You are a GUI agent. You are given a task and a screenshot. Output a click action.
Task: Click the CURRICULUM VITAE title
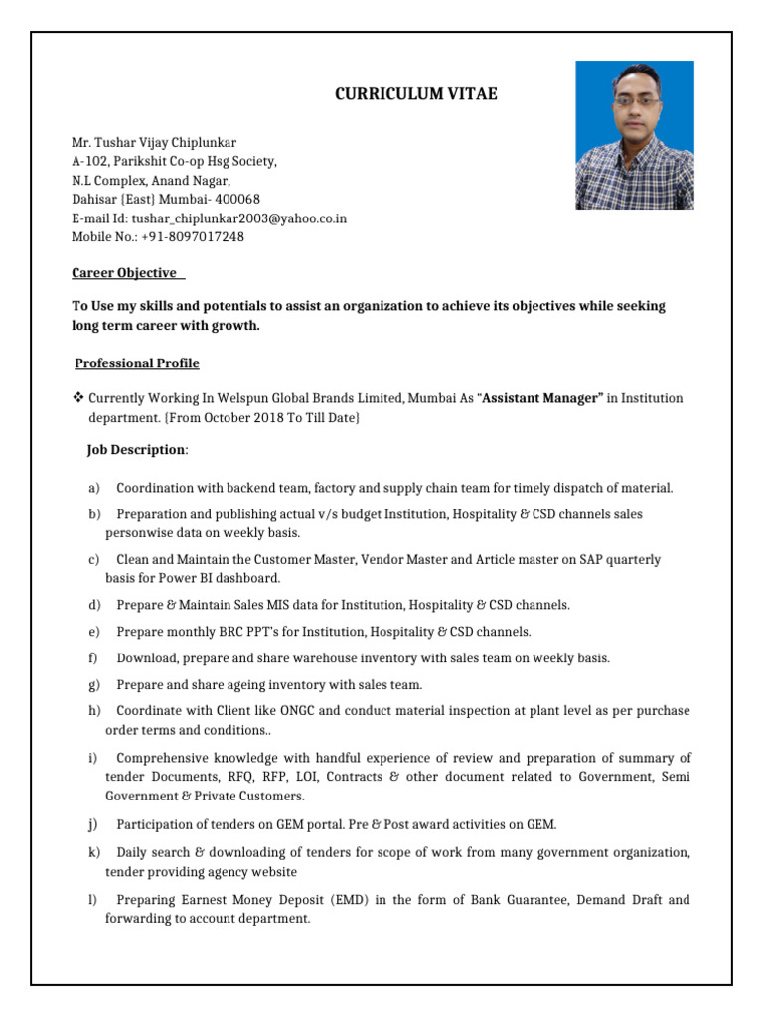point(414,95)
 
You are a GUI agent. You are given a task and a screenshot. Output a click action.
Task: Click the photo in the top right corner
point(635,135)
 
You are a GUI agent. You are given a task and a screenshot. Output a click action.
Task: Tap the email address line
point(209,218)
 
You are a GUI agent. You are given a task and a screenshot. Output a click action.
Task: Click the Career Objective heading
point(125,273)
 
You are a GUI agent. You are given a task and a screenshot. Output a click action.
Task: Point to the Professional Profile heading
point(138,363)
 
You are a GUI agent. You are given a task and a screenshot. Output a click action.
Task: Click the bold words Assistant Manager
point(542,399)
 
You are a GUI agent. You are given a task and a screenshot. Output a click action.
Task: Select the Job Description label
point(136,450)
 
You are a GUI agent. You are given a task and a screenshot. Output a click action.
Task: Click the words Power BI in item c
point(202,578)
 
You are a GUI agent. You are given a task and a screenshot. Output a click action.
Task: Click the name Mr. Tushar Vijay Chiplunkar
point(154,143)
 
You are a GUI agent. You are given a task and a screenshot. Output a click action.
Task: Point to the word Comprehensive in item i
point(165,758)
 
